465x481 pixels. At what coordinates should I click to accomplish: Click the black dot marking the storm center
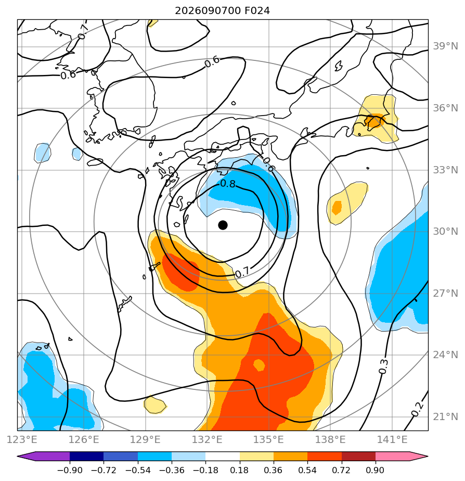click(x=223, y=225)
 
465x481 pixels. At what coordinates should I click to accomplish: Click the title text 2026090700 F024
click(x=222, y=11)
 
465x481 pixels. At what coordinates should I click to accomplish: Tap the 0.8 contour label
click(x=228, y=184)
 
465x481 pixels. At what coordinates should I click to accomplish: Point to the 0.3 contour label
click(x=383, y=366)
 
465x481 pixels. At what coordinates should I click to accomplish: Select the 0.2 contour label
click(x=417, y=409)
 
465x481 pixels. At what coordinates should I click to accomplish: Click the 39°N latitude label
click(x=445, y=46)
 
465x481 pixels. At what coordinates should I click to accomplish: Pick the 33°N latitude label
click(x=445, y=170)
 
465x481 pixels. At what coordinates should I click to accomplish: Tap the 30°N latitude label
click(x=445, y=232)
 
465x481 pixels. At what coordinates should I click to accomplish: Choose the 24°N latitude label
click(x=445, y=355)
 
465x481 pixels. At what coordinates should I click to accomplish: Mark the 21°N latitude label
click(x=445, y=417)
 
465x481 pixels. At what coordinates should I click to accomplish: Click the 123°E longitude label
click(x=22, y=439)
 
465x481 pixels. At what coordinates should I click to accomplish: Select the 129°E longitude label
click(x=145, y=439)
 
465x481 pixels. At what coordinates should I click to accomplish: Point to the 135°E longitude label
click(x=268, y=439)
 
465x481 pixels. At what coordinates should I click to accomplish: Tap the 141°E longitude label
click(x=392, y=439)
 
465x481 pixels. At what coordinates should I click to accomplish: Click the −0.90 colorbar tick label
click(x=70, y=470)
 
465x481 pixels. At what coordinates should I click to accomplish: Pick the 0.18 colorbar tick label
click(x=239, y=470)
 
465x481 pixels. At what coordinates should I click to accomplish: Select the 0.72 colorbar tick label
click(x=341, y=470)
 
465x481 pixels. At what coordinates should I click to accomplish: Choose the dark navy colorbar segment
click(x=87, y=457)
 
